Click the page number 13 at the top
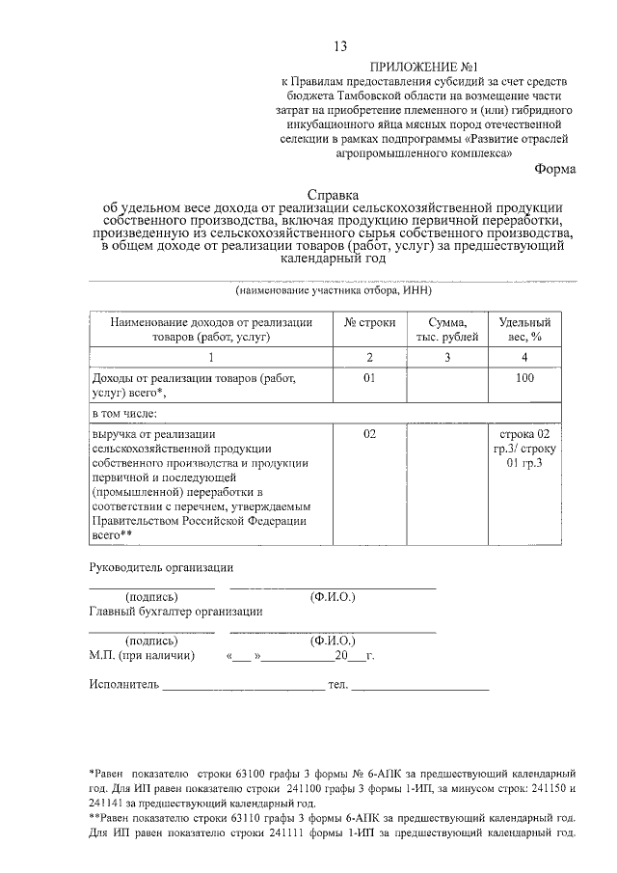point(339,46)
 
